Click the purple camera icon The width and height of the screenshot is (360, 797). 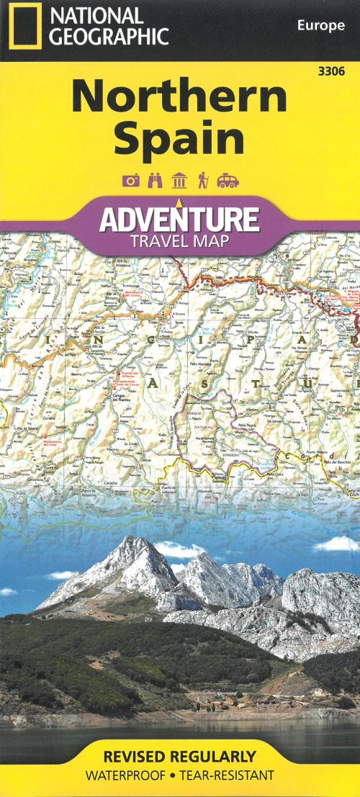[x=130, y=181]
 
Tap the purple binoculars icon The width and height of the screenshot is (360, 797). [x=155, y=181]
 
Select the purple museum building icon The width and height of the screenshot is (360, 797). [x=179, y=181]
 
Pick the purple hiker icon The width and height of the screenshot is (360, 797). [x=203, y=181]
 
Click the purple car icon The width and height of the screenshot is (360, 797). [x=228, y=181]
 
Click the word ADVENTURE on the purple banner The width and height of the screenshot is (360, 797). [x=179, y=218]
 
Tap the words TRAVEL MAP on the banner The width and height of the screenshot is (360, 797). [x=179, y=240]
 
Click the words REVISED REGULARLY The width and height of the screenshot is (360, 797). [x=179, y=757]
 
